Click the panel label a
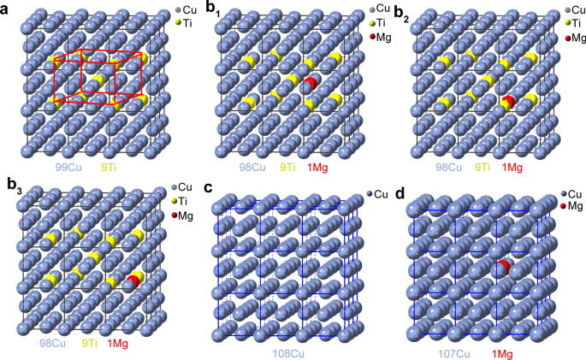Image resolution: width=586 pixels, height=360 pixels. pyautogui.click(x=7, y=9)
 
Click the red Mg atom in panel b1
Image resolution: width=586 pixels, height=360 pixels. pyautogui.click(x=311, y=83)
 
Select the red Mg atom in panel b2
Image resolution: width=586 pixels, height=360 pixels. pyautogui.click(x=507, y=103)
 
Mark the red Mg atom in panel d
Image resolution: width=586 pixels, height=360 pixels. pyautogui.click(x=500, y=269)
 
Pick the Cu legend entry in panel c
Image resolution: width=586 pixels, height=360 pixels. pyautogui.click(x=382, y=195)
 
